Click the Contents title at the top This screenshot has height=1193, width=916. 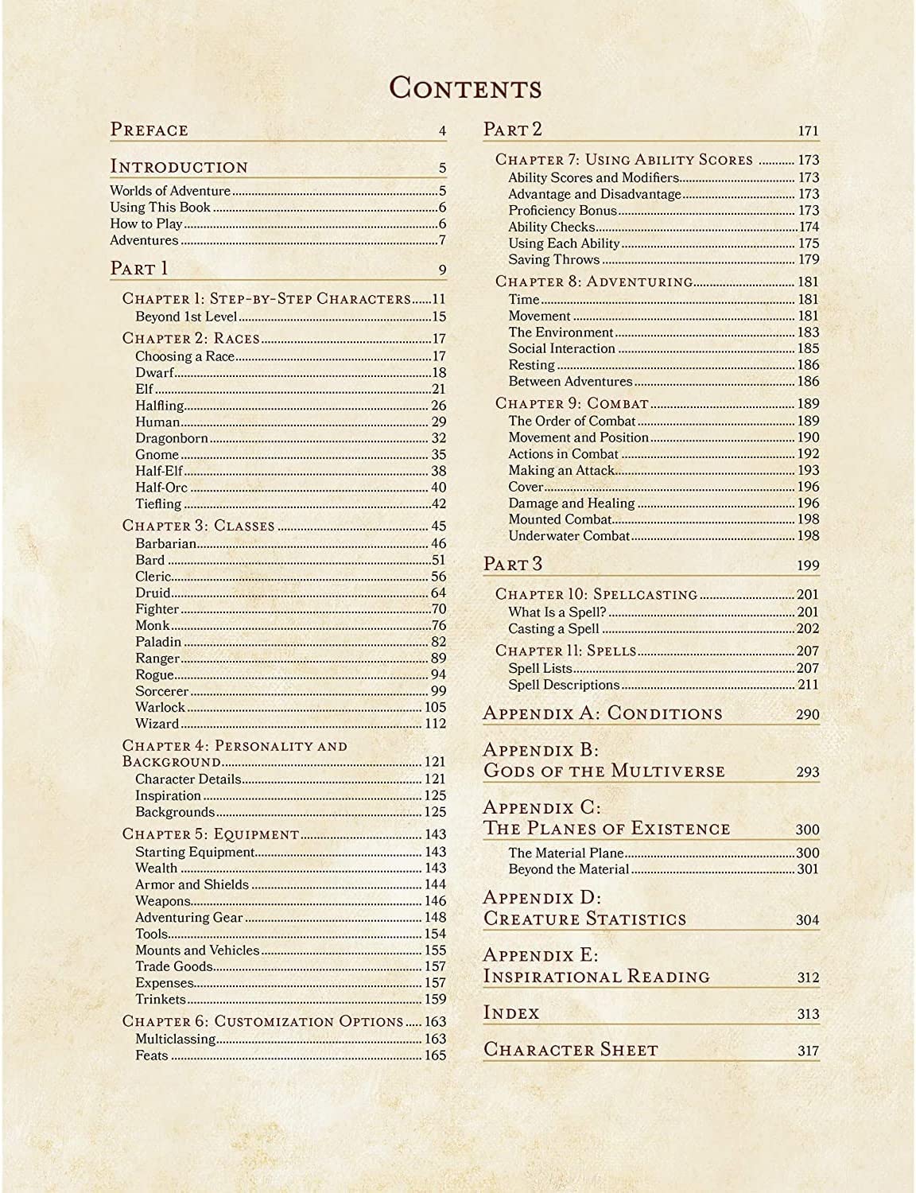coord(465,87)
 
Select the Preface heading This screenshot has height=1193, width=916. coord(149,130)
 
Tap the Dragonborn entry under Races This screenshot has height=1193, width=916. coord(172,438)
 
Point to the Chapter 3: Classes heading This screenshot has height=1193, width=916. coord(198,526)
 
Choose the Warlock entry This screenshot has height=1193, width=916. coord(160,707)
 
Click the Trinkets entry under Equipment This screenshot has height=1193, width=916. coord(161,999)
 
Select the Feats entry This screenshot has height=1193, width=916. coord(152,1055)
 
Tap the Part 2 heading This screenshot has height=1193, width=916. coord(513,130)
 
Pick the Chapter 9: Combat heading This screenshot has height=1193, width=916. coord(572,403)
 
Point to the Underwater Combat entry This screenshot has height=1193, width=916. coord(569,536)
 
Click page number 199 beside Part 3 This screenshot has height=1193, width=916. coord(808,565)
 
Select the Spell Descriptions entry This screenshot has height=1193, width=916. coord(564,685)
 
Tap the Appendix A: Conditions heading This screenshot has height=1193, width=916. coord(603,713)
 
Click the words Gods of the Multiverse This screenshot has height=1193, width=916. coord(604,771)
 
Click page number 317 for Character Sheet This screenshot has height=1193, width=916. coord(808,1051)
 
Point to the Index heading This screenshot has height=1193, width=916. coord(511,1013)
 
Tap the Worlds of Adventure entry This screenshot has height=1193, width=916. coord(170,191)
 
